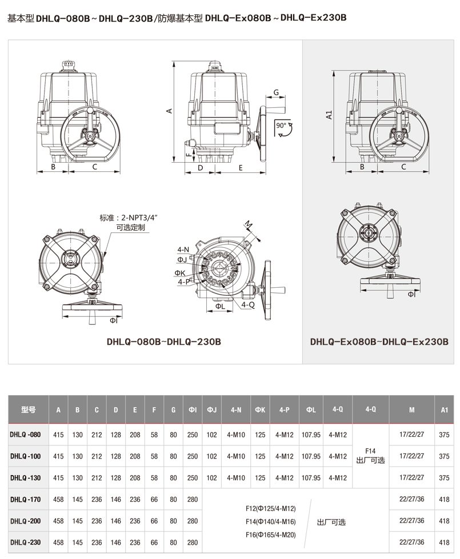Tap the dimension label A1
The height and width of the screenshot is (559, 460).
329,114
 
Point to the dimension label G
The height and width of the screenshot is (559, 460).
276,93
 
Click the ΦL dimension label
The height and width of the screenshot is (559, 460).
220,306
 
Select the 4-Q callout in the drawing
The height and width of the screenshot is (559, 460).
247,304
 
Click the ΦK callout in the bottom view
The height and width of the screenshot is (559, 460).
180,273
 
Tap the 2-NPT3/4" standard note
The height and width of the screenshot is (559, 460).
129,218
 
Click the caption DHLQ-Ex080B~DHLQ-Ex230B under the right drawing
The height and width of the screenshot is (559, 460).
379,341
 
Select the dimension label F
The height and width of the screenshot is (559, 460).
189,155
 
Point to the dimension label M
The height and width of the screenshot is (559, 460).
249,225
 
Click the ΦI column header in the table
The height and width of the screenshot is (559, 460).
193,410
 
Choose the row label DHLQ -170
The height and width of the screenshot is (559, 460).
25,500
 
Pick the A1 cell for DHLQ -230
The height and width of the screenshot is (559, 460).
444,542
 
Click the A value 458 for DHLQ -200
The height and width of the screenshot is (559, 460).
58,521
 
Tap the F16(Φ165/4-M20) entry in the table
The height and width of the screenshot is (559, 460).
270,535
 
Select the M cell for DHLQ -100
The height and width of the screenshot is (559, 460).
411,456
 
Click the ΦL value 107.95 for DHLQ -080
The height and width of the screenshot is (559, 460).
311,435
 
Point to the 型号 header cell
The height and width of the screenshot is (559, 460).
28,409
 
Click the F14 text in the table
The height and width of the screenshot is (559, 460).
370,451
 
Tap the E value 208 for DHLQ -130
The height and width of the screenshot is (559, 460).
135,478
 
